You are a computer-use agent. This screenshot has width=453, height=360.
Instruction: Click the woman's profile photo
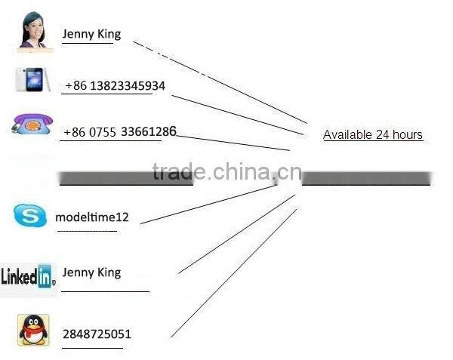pos(35,31)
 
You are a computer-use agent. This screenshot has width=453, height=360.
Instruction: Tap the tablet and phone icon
pos(33,79)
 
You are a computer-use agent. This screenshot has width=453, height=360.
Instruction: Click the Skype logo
pos(30,217)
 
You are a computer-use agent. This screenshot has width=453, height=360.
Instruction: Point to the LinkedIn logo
pos(28,277)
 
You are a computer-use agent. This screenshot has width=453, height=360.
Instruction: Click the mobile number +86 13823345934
pos(115,86)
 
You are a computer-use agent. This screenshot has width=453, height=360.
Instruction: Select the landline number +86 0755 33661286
pos(119,132)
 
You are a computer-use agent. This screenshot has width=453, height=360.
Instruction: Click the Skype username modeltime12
pos(92,217)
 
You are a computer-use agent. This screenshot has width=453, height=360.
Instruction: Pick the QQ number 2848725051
pos(97,334)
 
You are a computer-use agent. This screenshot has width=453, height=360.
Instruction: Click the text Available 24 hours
pos(372,135)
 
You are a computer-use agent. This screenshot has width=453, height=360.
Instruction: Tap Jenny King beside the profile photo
pos(91,33)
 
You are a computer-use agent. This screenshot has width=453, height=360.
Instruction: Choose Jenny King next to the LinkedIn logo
pos(91,272)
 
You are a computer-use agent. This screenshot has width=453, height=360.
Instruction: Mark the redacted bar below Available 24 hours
pos(365,180)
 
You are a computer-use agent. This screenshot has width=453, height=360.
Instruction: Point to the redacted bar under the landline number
pos(126,179)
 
